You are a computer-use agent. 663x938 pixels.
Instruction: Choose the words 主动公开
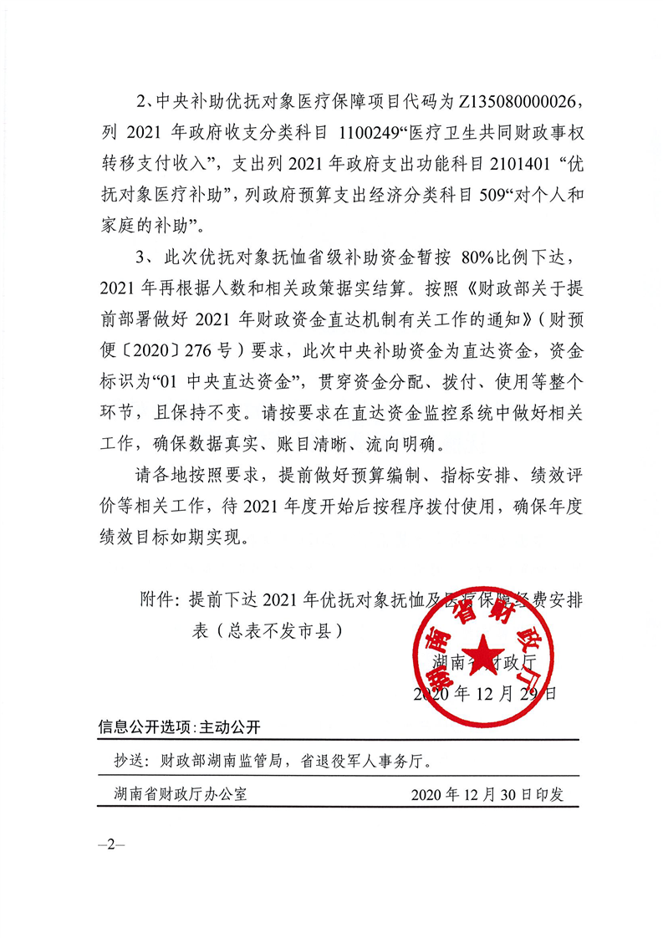[x=225, y=726]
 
